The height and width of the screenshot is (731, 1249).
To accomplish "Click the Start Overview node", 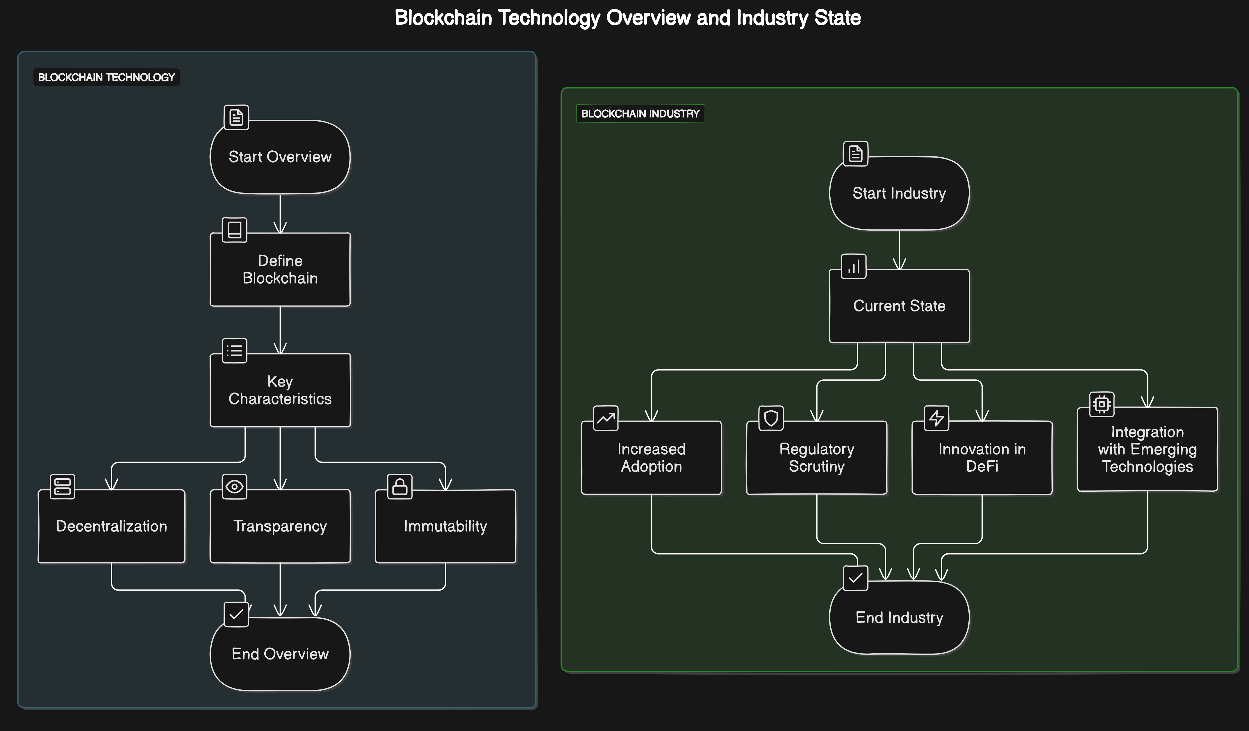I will coord(280,157).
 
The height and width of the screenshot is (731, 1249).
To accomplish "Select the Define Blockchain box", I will coord(280,270).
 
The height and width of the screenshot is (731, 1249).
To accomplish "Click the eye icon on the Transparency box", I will coord(234,487).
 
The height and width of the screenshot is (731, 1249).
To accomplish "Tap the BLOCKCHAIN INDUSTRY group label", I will coord(640,113).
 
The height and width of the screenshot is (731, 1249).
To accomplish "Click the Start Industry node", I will coord(899,193).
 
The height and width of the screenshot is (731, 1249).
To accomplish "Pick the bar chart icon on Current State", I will coord(854,267).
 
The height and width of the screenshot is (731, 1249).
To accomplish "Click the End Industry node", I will coord(899,618).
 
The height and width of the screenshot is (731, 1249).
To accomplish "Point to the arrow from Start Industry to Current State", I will coord(899,250).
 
